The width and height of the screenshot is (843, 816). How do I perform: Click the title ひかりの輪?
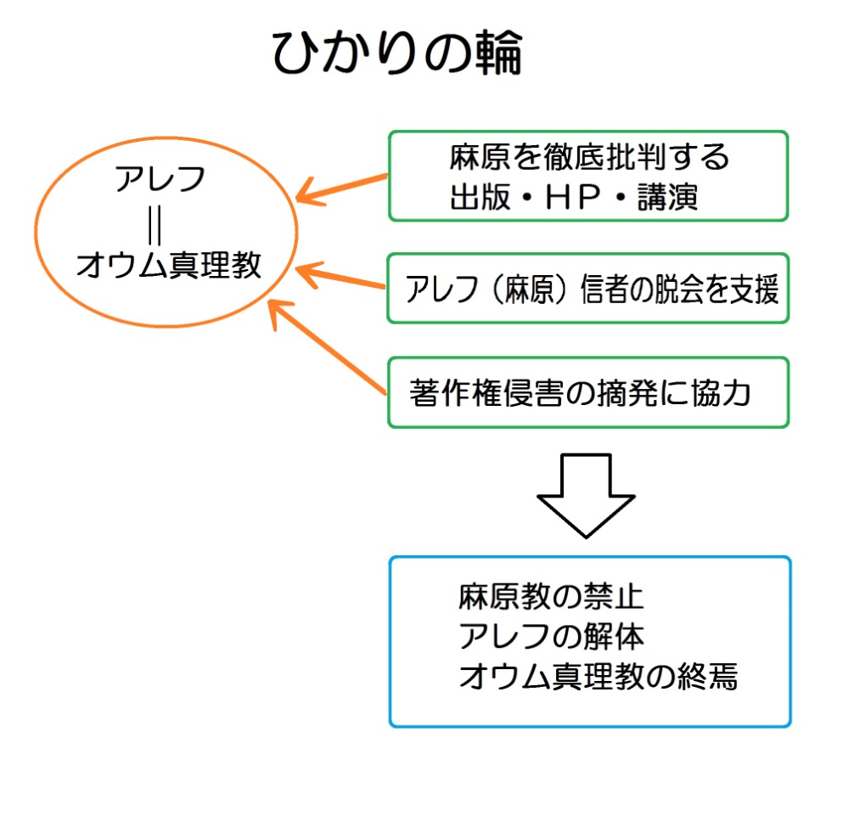tap(396, 52)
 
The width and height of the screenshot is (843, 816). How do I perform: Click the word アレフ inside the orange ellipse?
tap(160, 178)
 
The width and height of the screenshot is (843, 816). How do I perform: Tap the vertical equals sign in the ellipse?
tap(155, 225)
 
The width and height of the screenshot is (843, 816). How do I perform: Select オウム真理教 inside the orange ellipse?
tap(168, 265)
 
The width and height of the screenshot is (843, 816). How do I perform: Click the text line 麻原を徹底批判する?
tap(589, 156)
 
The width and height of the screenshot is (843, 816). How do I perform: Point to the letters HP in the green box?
tap(572, 197)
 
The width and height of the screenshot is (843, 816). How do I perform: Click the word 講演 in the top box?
tap(668, 197)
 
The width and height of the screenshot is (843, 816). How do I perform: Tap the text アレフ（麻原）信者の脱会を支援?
tap(592, 289)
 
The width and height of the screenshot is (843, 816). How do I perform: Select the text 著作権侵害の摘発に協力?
tap(580, 392)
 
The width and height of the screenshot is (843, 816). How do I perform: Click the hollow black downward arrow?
tap(586, 495)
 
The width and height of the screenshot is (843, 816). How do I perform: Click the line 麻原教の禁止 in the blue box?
tap(551, 597)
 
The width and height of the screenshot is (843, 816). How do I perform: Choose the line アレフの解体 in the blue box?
tap(551, 636)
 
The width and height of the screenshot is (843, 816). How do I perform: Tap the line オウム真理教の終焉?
tap(599, 676)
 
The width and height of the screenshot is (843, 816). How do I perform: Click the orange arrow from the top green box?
tap(342, 189)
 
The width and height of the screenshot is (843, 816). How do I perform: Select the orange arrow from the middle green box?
tap(341, 275)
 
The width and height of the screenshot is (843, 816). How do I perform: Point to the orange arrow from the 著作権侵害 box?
tap(327, 347)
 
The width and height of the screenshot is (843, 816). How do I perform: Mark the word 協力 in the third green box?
tap(721, 392)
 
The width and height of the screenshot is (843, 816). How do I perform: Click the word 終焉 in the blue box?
tap(707, 676)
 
